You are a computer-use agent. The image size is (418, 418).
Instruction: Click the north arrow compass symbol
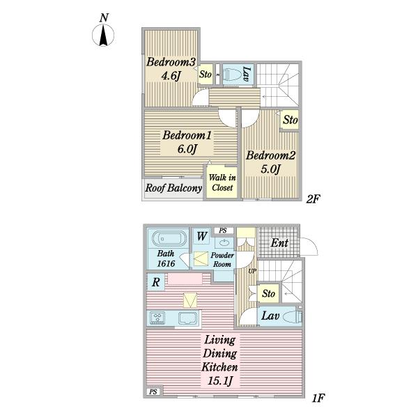pos(103,35)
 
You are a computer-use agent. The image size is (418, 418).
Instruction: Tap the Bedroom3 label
pos(171,62)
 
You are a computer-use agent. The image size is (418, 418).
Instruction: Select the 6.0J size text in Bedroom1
pos(187,148)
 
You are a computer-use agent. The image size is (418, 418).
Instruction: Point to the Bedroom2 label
pos(270,155)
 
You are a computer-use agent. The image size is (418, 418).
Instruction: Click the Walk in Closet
pos(222,183)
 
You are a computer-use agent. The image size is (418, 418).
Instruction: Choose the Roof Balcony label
pos(173,188)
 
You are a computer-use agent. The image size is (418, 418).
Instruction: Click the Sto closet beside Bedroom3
pos(206,74)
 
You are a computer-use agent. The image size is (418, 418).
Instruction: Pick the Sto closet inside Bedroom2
pos(290,120)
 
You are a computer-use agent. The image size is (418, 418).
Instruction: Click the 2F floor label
pos(313,199)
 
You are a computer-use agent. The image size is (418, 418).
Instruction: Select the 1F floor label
pos(318,398)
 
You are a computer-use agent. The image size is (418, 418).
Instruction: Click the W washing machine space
pos(202,236)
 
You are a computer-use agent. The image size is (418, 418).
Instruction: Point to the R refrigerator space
pos(156,282)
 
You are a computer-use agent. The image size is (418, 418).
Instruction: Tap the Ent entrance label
pos(279,243)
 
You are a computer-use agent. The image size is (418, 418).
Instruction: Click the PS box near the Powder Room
pos(223,231)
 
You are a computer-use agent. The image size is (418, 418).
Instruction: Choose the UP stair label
pos(252,271)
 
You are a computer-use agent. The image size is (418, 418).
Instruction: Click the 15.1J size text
pos(219,381)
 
